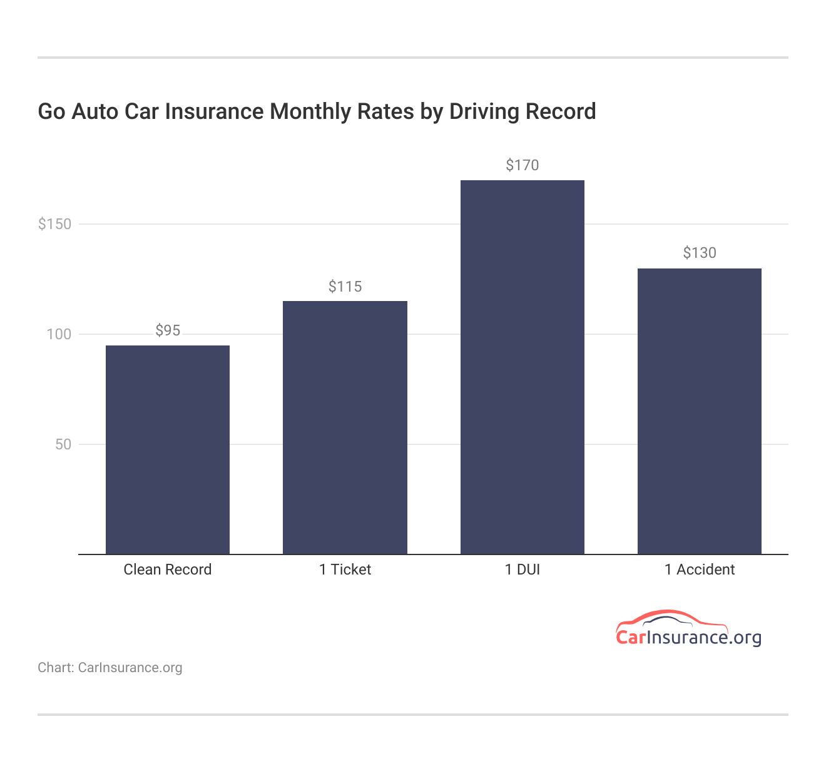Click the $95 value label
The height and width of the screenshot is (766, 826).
tap(168, 330)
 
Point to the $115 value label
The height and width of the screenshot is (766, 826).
tap(345, 287)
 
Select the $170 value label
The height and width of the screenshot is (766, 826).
tap(522, 165)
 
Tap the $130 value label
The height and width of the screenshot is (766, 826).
tap(699, 253)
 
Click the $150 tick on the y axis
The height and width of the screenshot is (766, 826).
tap(55, 224)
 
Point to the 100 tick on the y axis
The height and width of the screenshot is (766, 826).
tap(59, 334)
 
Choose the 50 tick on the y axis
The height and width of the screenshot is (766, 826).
tap(63, 444)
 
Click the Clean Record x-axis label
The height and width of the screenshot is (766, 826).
tap(168, 569)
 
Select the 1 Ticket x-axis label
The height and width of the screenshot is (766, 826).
tap(345, 569)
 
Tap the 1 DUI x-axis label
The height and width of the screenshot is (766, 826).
tap(522, 569)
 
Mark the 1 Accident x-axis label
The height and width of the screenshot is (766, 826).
tap(699, 569)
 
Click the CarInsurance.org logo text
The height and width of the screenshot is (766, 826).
tap(688, 638)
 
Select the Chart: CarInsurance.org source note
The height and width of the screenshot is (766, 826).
tap(110, 668)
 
